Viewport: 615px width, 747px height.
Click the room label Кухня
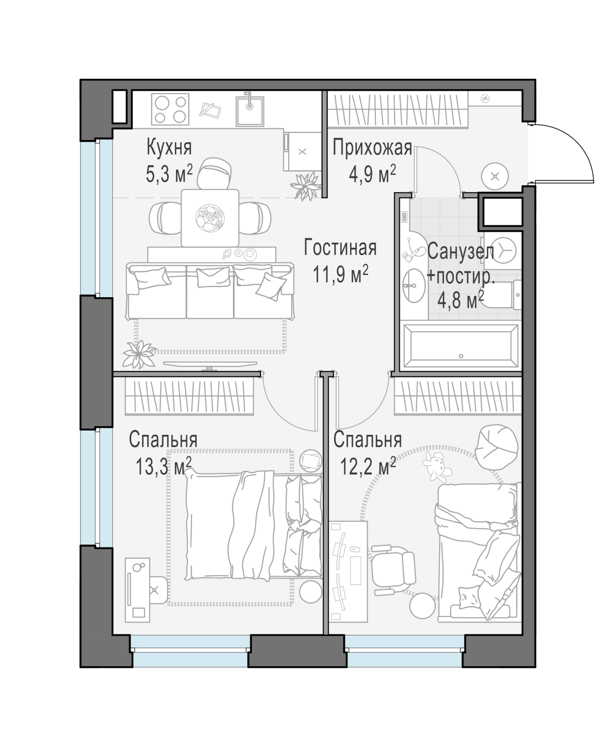169,147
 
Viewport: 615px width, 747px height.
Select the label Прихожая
372,148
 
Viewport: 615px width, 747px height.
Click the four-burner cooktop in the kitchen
170,109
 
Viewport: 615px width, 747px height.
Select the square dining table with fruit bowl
210,218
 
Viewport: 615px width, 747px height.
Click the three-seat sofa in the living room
210,291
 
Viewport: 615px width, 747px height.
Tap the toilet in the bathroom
504,295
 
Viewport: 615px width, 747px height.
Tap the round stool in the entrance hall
495,176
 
